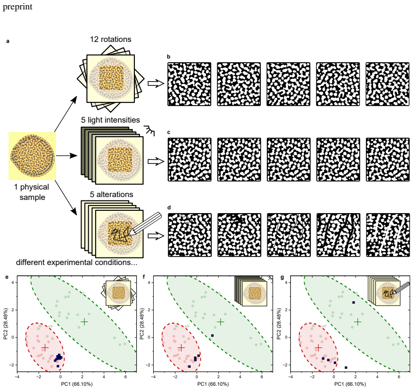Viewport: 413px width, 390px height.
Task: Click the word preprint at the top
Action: click(x=17, y=7)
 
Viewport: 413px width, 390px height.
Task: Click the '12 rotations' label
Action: click(x=111, y=39)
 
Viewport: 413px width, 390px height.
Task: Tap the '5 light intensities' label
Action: click(x=110, y=120)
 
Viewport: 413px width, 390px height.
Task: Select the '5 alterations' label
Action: click(x=111, y=194)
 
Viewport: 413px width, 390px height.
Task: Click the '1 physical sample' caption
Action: click(x=32, y=192)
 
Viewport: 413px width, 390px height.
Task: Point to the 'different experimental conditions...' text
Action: click(x=77, y=263)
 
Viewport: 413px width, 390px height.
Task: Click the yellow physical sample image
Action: click(x=32, y=156)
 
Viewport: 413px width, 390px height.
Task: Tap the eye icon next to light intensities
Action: click(x=149, y=130)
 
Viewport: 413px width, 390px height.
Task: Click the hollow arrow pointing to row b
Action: click(x=156, y=83)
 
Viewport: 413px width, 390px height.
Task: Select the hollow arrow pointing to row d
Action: click(x=156, y=236)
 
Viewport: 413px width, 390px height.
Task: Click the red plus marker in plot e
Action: click(x=45, y=348)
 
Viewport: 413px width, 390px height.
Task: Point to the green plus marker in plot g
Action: click(x=357, y=322)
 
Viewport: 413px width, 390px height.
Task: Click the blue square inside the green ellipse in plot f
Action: click(x=212, y=335)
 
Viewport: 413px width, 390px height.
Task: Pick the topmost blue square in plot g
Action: click(x=354, y=302)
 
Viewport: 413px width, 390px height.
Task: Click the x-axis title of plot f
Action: click(x=213, y=384)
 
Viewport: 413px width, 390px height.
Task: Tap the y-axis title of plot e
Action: click(x=6, y=324)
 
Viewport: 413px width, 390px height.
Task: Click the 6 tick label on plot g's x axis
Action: click(x=399, y=377)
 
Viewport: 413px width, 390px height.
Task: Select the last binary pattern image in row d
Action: click(x=388, y=235)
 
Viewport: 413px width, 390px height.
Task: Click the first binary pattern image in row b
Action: click(x=190, y=84)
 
